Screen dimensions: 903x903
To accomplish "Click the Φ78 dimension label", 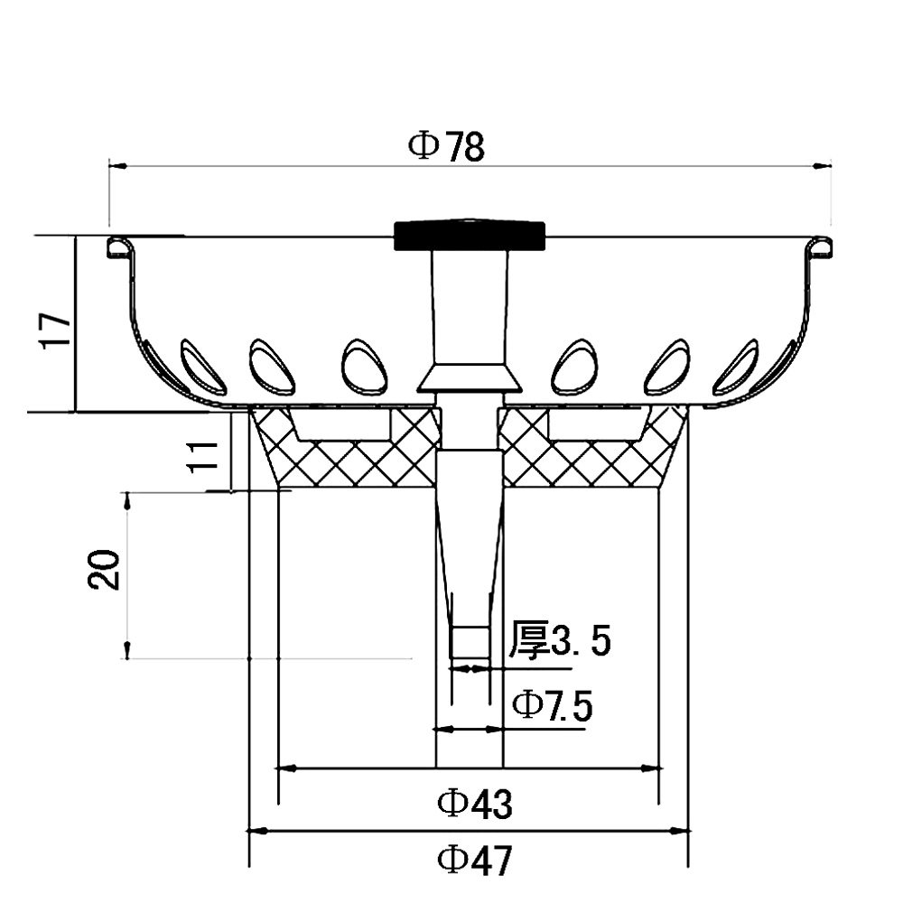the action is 446,146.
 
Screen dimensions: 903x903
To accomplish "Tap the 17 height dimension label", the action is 55,330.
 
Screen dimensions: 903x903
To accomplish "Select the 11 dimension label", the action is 207,453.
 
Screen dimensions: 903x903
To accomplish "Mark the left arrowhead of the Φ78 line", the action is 115,165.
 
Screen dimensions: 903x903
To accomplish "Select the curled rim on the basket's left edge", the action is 115,246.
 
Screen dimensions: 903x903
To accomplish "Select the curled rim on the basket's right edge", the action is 823,246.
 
